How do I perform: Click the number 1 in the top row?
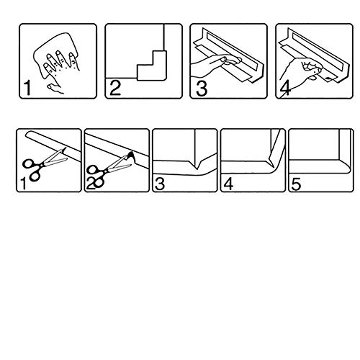pos(27,88)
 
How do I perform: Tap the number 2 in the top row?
pos(115,88)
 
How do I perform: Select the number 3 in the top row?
pos(202,89)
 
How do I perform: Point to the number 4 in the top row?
pos(286,89)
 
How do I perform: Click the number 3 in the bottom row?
pos(160,184)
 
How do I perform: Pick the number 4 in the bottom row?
pos(228,184)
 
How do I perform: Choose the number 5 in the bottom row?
pos(296,184)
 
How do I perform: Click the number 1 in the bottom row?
pos(23,184)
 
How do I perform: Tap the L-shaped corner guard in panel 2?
pos(152,66)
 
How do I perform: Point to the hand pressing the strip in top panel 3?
pos(216,64)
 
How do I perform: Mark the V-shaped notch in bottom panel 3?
pos(197,166)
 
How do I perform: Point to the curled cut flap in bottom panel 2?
pos(131,157)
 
